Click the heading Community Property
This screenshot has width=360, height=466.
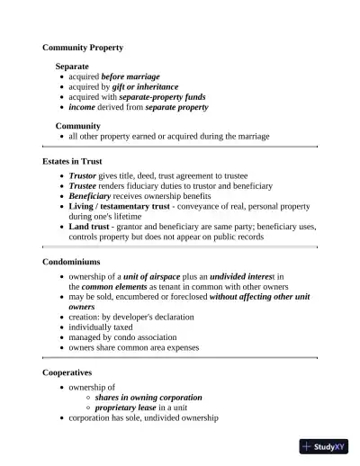[83, 47]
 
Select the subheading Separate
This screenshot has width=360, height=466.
[72, 67]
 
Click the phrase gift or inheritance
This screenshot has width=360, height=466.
[145, 87]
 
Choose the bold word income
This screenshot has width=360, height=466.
[82, 107]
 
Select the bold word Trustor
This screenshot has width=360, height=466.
[84, 175]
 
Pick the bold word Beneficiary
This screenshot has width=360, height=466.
[91, 195]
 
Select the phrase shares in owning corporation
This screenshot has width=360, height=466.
[148, 397]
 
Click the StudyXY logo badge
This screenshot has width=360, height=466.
[324, 446]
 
